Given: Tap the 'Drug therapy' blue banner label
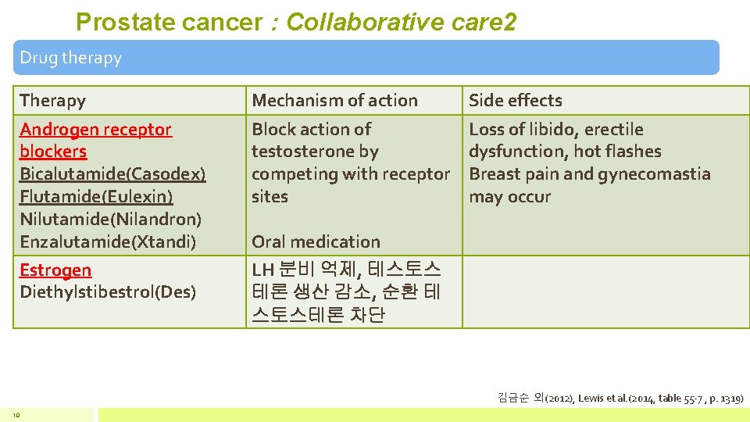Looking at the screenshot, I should pyautogui.click(x=71, y=58).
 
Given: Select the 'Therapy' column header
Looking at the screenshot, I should pyautogui.click(x=53, y=100).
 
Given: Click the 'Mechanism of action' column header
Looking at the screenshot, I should pyautogui.click(x=334, y=100).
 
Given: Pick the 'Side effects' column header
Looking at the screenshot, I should pyautogui.click(x=515, y=100).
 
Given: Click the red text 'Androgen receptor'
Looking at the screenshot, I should pyautogui.click(x=95, y=129).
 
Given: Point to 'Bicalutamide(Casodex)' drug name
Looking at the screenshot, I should pyautogui.click(x=112, y=173).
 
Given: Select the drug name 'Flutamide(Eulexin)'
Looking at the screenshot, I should pyautogui.click(x=96, y=196).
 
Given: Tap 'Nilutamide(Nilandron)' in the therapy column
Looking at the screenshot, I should pyautogui.click(x=110, y=219).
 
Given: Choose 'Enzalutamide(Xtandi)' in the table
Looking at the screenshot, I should pyautogui.click(x=108, y=241).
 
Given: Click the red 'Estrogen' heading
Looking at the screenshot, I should pyautogui.click(x=55, y=270).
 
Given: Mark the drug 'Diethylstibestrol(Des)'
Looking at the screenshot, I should pyautogui.click(x=108, y=292).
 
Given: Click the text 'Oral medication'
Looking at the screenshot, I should pyautogui.click(x=316, y=241).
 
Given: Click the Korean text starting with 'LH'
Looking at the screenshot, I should pyautogui.click(x=346, y=270).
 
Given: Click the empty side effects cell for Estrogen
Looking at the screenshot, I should pyautogui.click(x=605, y=292).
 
